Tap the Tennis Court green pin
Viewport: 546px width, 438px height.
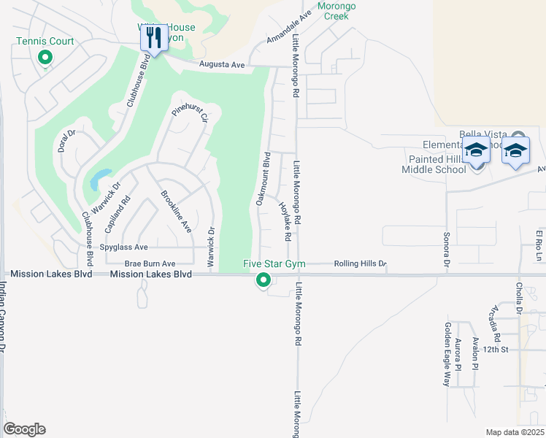(x=45, y=56)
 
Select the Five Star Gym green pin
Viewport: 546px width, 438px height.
(x=263, y=279)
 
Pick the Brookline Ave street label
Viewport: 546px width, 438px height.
(x=175, y=212)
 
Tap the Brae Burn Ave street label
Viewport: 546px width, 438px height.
(x=150, y=264)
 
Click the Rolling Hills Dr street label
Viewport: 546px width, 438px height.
(x=360, y=264)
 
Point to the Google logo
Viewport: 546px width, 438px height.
(x=24, y=429)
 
